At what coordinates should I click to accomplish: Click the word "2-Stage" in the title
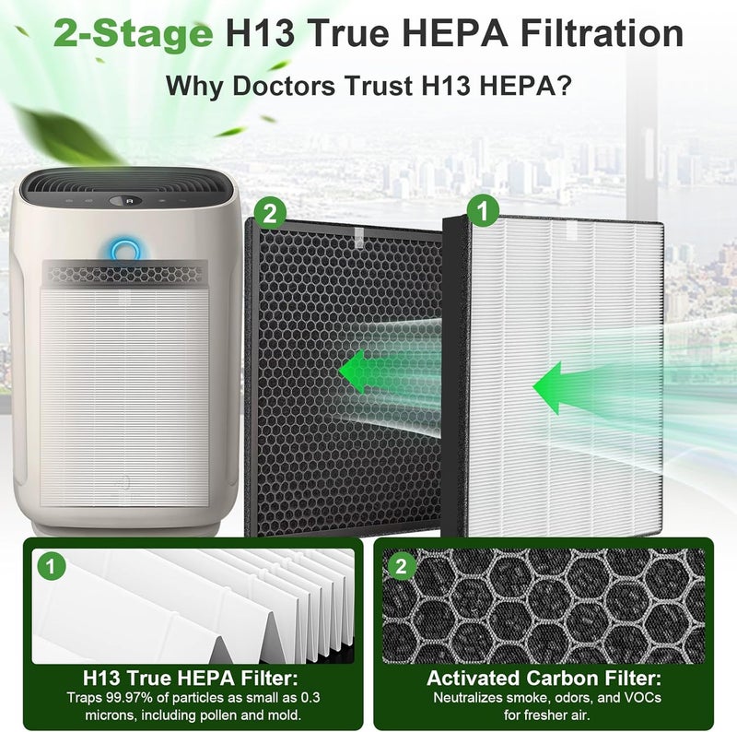pos(133,34)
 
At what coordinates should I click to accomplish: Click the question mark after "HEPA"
pos(564,85)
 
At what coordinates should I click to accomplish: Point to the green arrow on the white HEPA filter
pos(564,387)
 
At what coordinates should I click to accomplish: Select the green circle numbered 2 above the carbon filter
pos(270,214)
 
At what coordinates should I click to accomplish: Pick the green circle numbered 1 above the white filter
pos(483,211)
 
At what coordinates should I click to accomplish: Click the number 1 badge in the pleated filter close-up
pos(52,566)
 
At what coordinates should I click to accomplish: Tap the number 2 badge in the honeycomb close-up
pos(402,566)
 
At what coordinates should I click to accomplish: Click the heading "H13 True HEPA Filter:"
pos(191,679)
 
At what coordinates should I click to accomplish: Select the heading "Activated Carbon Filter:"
pos(544,679)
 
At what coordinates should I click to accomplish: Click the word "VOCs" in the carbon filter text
pos(644,697)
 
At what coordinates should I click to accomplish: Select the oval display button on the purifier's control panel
pos(125,201)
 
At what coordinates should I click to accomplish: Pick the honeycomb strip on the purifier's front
pos(125,274)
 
